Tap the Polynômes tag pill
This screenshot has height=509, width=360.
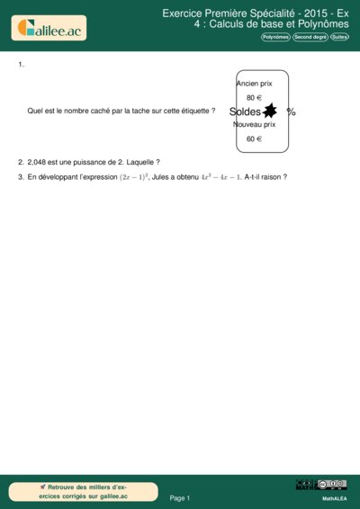275,37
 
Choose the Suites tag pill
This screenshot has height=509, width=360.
339,37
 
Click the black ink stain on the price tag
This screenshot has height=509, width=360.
268,111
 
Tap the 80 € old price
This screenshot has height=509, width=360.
254,97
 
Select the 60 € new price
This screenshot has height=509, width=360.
254,139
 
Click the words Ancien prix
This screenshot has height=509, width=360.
254,83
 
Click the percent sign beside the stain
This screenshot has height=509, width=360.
291,112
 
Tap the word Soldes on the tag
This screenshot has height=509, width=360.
245,112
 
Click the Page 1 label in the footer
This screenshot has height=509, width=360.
180,497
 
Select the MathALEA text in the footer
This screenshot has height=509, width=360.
335,497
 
